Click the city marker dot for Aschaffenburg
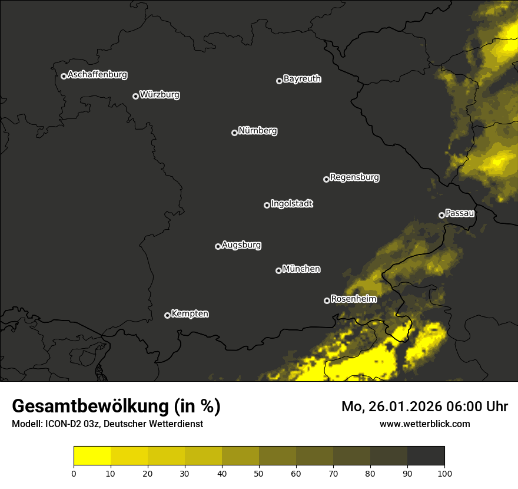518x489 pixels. pyautogui.click(x=64, y=76)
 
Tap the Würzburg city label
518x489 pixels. pyautogui.click(x=160, y=94)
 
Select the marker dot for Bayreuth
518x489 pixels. pyautogui.click(x=279, y=81)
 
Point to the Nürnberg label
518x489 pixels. pyautogui.click(x=258, y=131)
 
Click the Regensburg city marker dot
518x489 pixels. pyautogui.click(x=326, y=179)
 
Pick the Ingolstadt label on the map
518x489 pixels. pyautogui.click(x=292, y=204)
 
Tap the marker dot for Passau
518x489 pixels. pyautogui.click(x=441, y=215)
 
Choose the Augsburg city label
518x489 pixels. pyautogui.click(x=241, y=245)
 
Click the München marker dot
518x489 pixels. pyautogui.click(x=278, y=270)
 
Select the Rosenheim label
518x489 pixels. pyautogui.click(x=353, y=299)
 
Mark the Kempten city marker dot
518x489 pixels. pyautogui.click(x=167, y=315)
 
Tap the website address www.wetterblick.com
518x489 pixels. pyautogui.click(x=424, y=424)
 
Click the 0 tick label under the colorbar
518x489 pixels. pyautogui.click(x=74, y=473)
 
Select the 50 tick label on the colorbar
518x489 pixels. pyautogui.click(x=259, y=473)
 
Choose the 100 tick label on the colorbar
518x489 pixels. pyautogui.click(x=444, y=473)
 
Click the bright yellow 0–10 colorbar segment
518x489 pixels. pyautogui.click(x=92, y=456)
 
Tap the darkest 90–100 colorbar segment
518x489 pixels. pyautogui.click(x=426, y=456)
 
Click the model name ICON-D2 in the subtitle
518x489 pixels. pyautogui.click(x=59, y=424)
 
